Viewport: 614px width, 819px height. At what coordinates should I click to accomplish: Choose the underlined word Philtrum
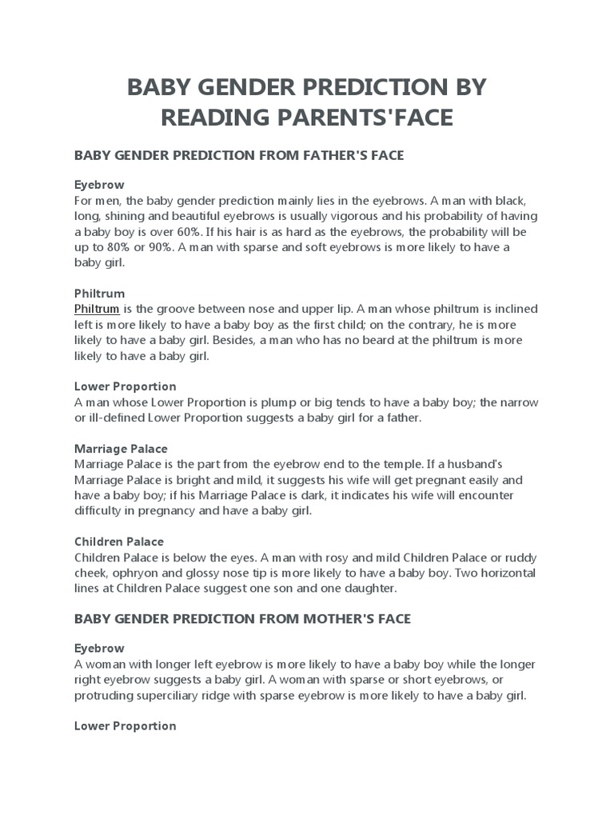click(x=97, y=309)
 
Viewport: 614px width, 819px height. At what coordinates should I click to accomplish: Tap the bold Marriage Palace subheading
click(x=120, y=449)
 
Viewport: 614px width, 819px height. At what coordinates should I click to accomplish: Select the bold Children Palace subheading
click(x=118, y=541)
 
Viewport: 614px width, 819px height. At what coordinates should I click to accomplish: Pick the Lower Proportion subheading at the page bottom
click(x=125, y=725)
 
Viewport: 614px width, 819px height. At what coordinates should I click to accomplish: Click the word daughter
click(x=366, y=587)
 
